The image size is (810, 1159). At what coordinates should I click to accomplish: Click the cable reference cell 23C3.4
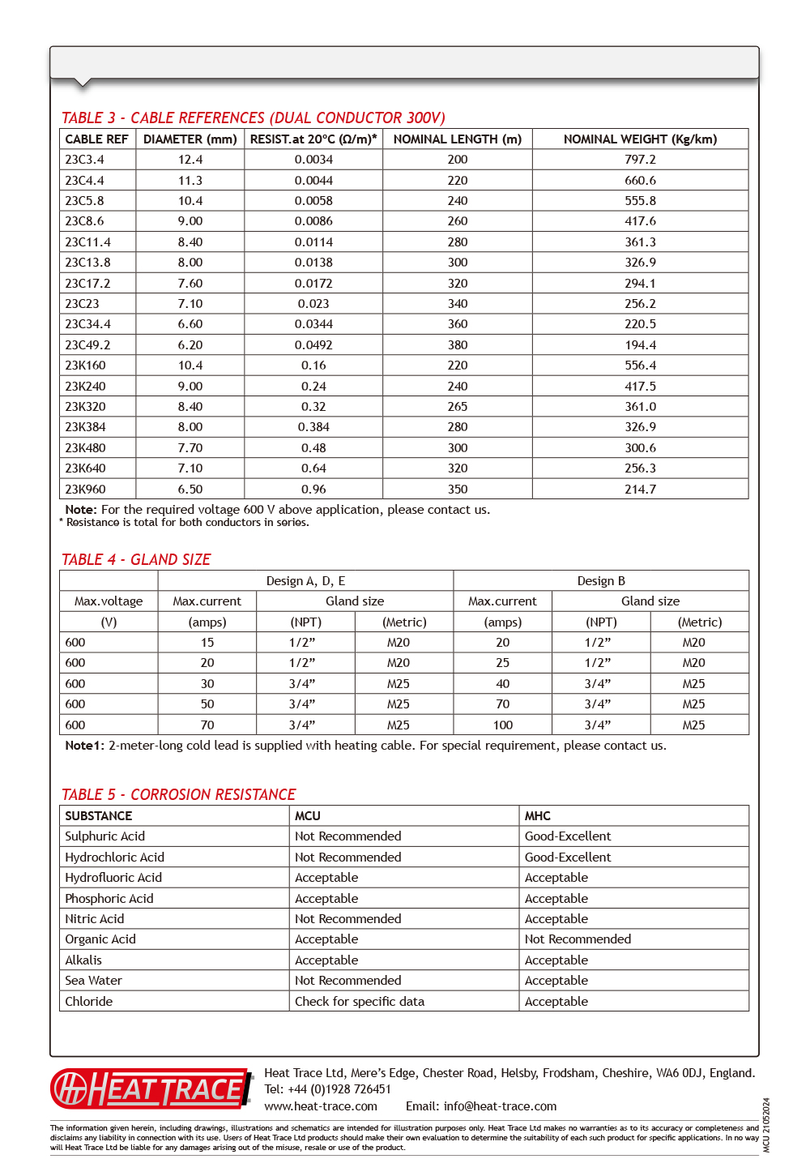point(85,160)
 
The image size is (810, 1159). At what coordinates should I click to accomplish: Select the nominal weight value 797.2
point(640,160)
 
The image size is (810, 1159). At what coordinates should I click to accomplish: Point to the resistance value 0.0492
point(313,344)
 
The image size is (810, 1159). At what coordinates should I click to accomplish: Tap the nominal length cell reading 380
point(458,344)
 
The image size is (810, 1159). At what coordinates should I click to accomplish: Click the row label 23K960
point(86,489)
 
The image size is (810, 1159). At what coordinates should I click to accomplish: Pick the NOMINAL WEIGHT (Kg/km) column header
point(640,139)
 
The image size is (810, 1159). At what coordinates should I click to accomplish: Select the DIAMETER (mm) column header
point(190,139)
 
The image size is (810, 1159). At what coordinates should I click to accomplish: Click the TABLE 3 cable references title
point(254,118)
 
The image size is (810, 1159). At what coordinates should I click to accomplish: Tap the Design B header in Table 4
point(601,580)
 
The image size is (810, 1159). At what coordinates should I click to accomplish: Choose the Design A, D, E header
point(305,580)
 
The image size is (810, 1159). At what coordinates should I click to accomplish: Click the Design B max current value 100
point(503,725)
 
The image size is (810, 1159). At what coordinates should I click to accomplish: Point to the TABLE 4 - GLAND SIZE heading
point(136,559)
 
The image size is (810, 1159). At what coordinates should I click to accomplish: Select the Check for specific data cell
point(360,1001)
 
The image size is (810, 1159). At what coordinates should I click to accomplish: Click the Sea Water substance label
point(94,980)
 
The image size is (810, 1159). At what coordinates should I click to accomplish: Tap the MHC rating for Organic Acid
point(578,939)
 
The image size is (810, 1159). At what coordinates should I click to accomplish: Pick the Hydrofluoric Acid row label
point(113,877)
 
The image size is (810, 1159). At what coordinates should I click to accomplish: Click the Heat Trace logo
point(152,1088)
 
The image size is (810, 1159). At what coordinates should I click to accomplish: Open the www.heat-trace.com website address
point(321,1106)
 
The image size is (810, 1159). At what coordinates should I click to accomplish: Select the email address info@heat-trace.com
point(500,1106)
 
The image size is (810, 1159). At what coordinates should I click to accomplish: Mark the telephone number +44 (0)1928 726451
point(339,1089)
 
